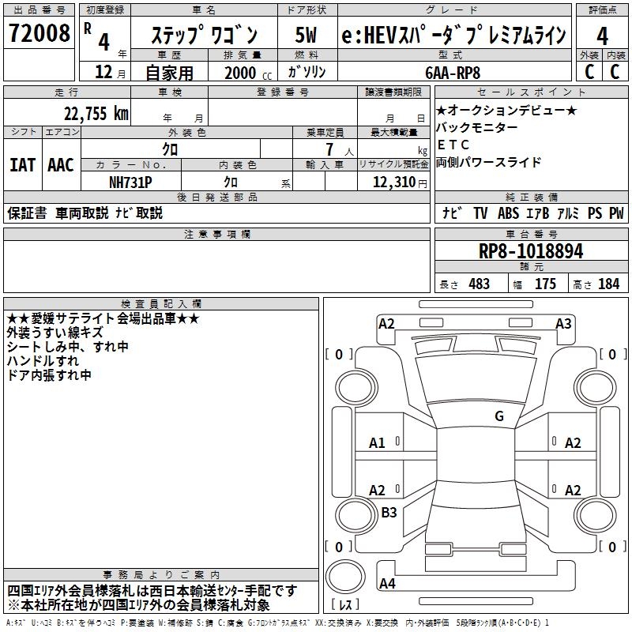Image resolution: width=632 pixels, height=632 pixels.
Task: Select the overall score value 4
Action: pos(602,36)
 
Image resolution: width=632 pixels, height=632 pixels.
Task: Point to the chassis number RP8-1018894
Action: pos(531,251)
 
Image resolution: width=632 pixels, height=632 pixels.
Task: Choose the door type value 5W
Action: pos(307,36)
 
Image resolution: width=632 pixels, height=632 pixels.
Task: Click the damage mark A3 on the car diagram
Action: pos(563,323)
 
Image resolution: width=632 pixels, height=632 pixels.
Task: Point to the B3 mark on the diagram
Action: pos(389,512)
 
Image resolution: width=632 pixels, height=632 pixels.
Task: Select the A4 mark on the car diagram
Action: pos(387,584)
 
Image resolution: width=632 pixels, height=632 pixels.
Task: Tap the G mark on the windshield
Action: pos(498,416)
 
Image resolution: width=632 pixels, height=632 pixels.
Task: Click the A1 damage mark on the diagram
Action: pos(378,443)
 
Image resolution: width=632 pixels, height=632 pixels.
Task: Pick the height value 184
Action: pos(608,284)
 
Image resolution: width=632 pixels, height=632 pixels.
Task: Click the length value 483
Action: pos(479,284)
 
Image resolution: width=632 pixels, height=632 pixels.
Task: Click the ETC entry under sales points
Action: pos(453,145)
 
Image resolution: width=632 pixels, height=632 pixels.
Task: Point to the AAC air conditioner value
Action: pos(60,165)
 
